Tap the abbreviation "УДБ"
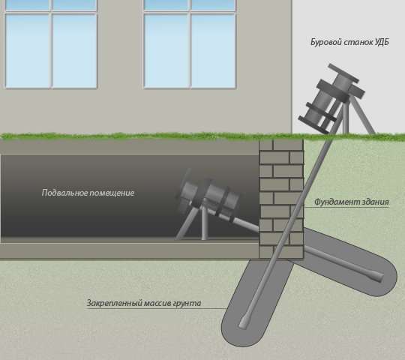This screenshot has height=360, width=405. pos(382,42)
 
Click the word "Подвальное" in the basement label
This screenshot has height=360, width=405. pos(64,193)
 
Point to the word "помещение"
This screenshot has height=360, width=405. pos(112,193)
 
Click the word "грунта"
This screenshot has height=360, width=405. pos(187,303)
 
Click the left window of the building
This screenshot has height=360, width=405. pos(51,44)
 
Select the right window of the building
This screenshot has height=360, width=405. pos(190,44)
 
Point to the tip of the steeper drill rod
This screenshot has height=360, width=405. pos(242,326)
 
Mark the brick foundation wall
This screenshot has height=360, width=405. pos(281,199)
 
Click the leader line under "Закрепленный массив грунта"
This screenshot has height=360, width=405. pos(156,308)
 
